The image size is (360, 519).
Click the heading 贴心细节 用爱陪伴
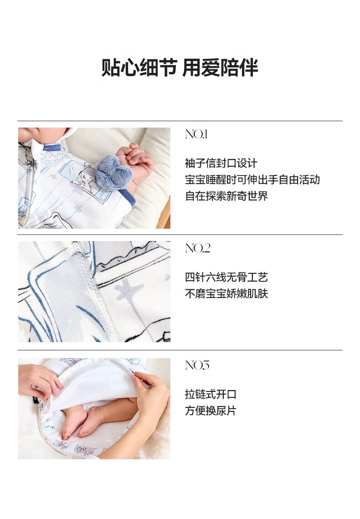tap(180, 67)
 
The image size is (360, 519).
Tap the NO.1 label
tap(196, 134)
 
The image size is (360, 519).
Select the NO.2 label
tap(197, 248)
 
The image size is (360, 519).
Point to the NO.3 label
tap(197, 365)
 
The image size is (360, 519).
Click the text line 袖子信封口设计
tap(221, 163)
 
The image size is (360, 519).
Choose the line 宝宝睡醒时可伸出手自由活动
tap(252, 180)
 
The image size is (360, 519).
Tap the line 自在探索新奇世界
tap(226, 196)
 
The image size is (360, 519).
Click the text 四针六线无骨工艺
tap(226, 277)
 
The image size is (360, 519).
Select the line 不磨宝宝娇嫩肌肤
tap(226, 293)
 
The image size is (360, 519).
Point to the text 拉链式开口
tap(211, 394)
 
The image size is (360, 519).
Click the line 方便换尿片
tap(211, 411)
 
